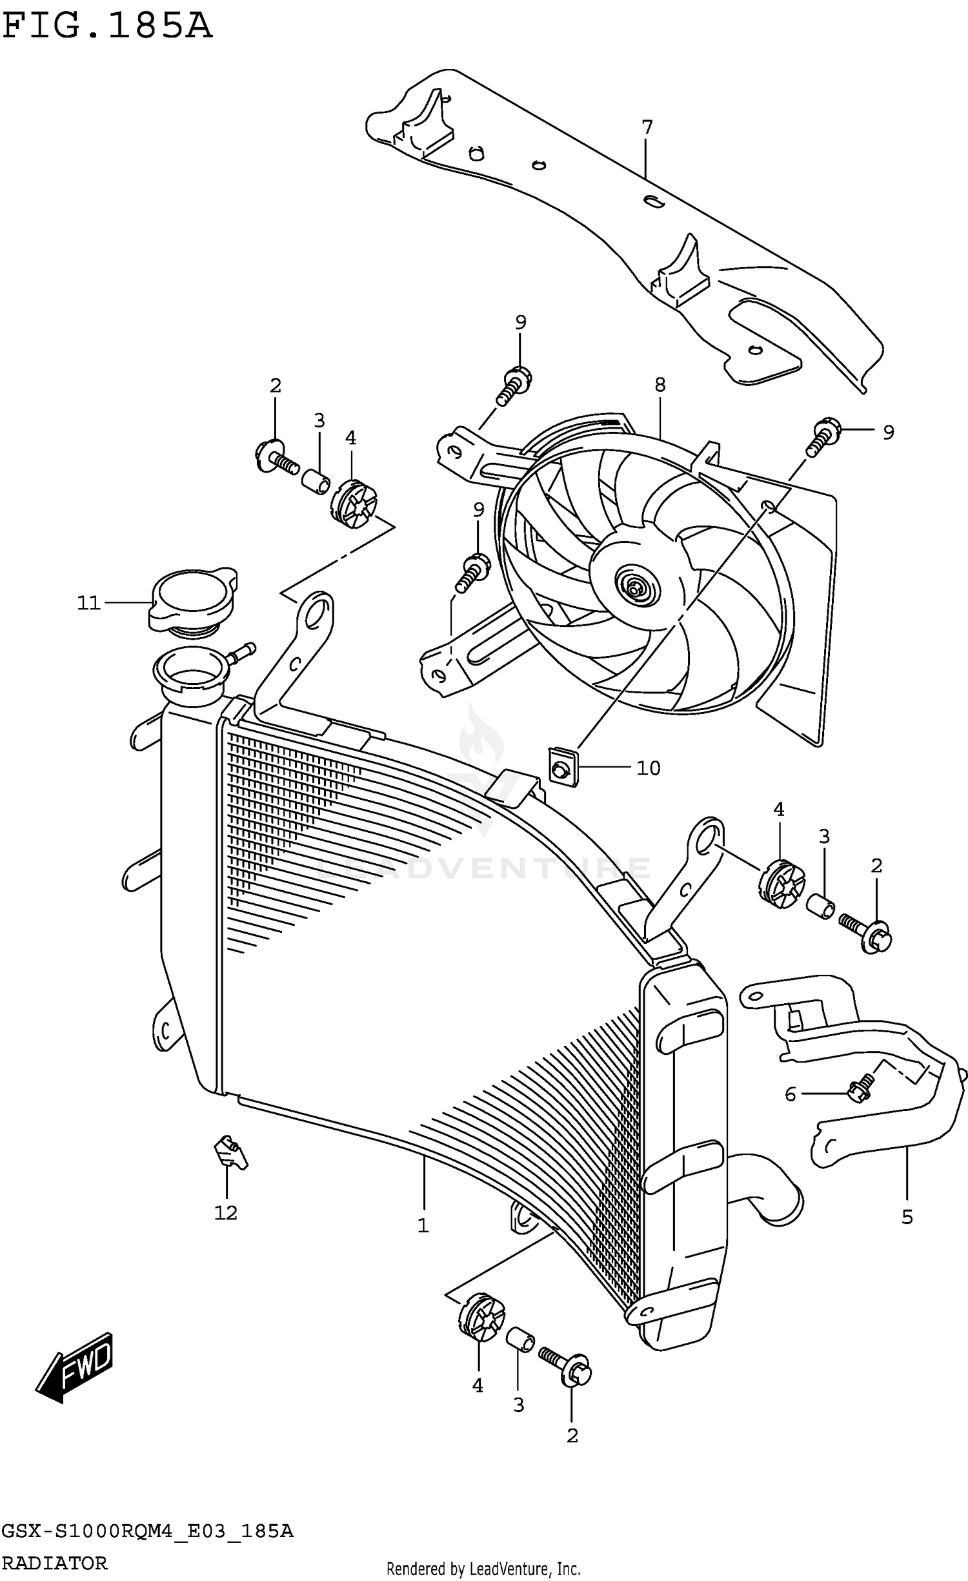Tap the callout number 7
tap(647, 127)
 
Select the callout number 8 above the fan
tap(660, 385)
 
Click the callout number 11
tap(88, 603)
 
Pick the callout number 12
tap(226, 1213)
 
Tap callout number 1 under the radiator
tap(423, 1225)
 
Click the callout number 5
tap(907, 1217)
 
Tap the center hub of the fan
tap(636, 588)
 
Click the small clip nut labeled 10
tap(563, 768)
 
